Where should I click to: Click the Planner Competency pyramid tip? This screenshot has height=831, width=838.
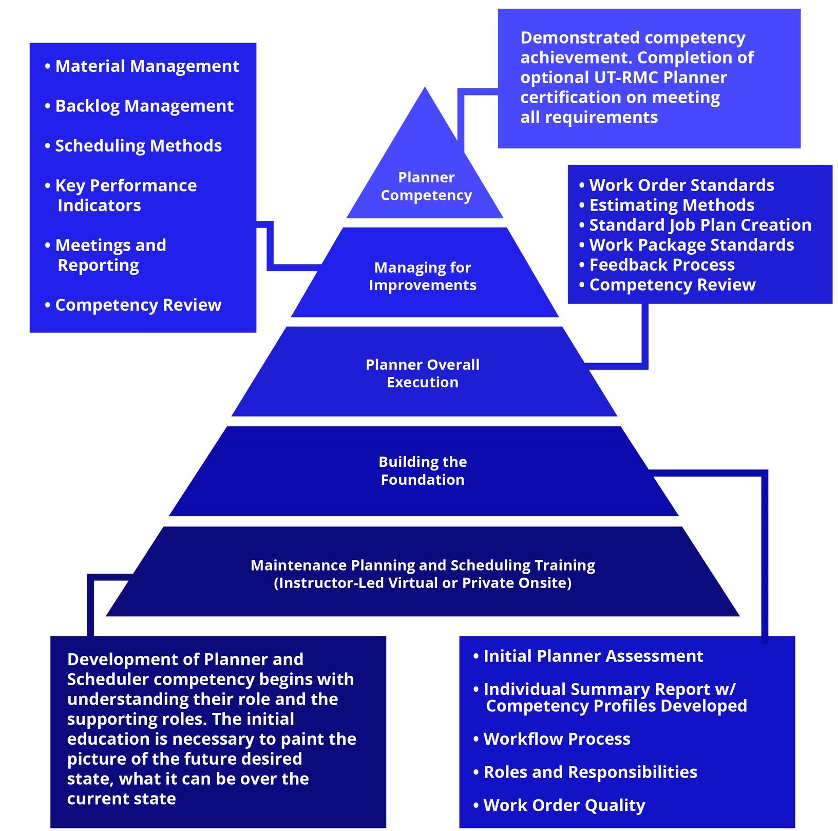tap(426, 185)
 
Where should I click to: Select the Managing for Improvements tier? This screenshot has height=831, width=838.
tap(423, 276)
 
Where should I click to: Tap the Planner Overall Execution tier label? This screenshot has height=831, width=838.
tap(423, 373)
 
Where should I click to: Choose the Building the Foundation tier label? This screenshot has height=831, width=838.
tap(423, 470)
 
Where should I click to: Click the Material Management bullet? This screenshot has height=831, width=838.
tap(147, 66)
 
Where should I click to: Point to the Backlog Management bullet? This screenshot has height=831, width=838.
tap(144, 106)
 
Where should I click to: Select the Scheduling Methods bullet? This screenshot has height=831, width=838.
tap(138, 146)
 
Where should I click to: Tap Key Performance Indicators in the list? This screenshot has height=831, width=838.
tap(126, 195)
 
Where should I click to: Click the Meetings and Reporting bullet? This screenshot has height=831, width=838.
tap(110, 255)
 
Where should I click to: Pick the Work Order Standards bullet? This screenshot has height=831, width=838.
tap(681, 185)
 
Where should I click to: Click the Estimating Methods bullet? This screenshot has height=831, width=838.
tap(671, 205)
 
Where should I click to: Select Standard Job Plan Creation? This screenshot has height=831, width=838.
tap(700, 225)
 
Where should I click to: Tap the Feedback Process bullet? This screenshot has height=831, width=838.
tap(661, 265)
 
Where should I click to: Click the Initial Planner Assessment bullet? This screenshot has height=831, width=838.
tap(593, 656)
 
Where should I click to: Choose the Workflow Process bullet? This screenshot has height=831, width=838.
tap(557, 739)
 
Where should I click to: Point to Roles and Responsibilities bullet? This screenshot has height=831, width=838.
tap(590, 772)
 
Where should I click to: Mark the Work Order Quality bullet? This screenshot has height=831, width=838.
tap(564, 805)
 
